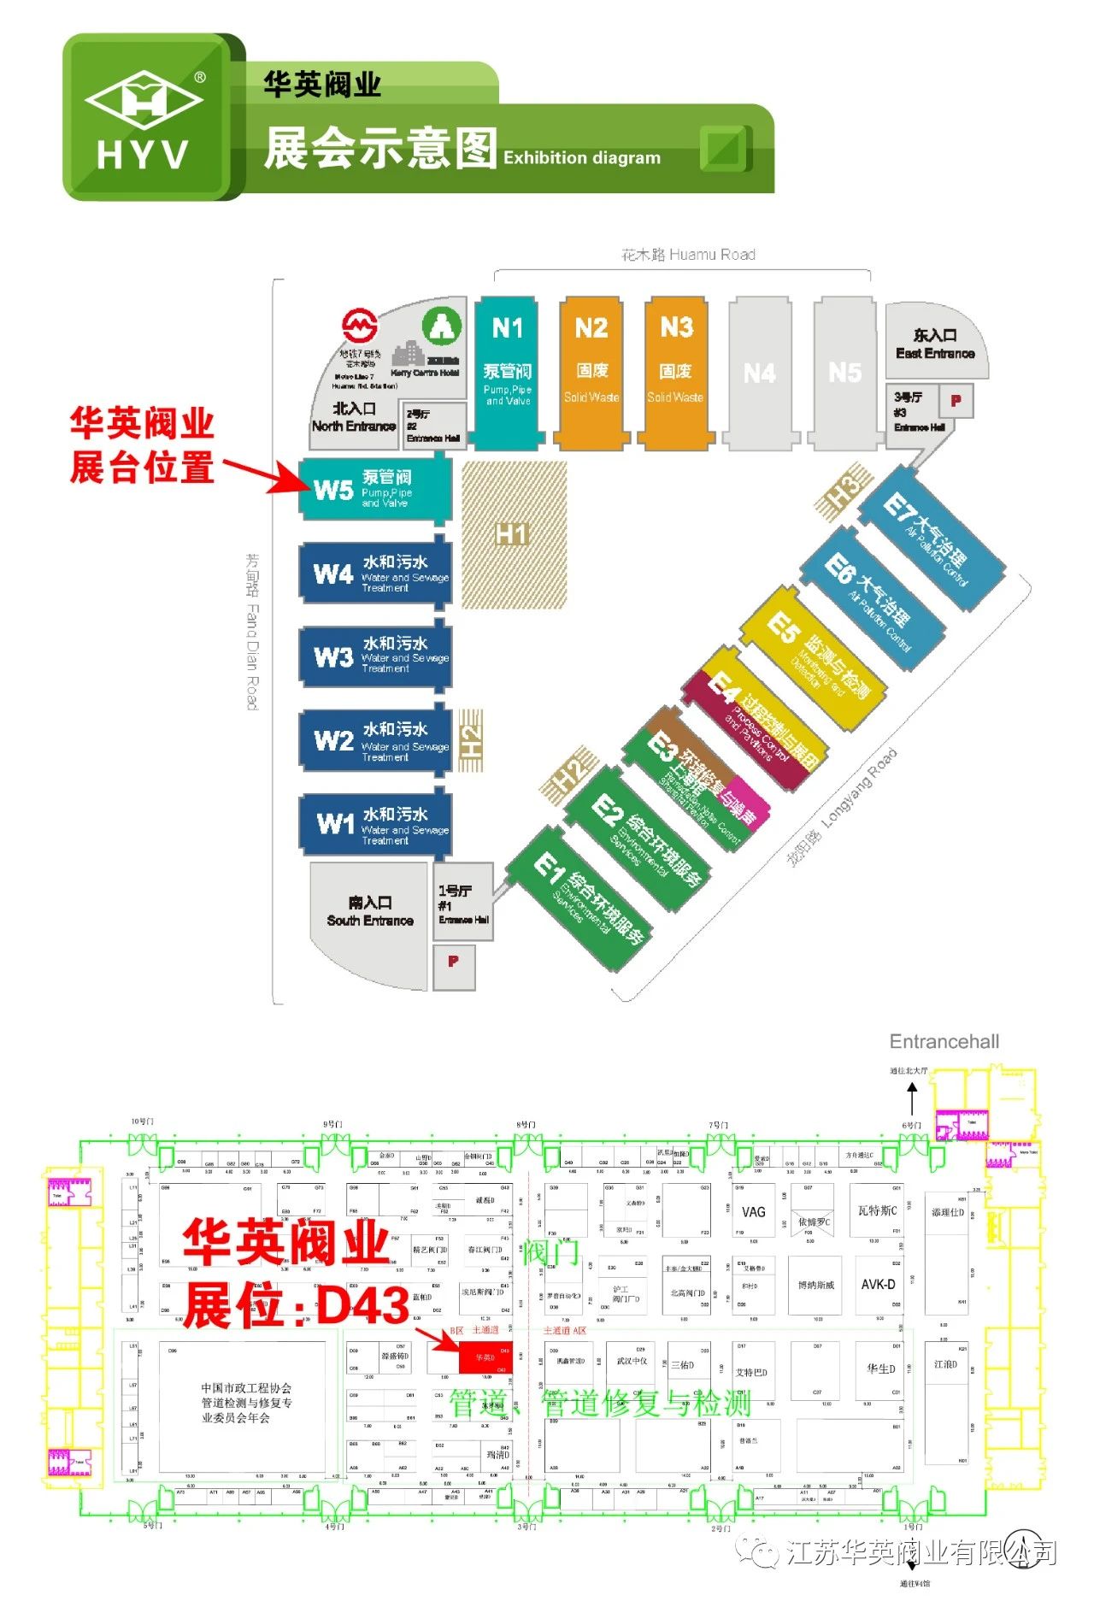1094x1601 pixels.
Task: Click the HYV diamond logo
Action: tap(144, 100)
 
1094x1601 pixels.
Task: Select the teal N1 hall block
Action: tap(508, 372)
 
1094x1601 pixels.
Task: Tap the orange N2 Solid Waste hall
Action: tap(591, 372)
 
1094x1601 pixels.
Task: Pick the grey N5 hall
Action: tap(844, 373)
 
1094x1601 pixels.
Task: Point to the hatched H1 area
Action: tap(514, 534)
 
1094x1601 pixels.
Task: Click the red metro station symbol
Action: tap(360, 326)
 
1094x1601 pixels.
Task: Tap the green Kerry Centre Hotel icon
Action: tap(442, 326)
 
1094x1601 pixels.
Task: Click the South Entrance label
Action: tap(369, 912)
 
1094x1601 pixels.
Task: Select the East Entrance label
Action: tap(935, 344)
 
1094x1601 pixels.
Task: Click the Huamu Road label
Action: tap(688, 255)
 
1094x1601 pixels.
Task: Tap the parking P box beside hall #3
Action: tap(956, 400)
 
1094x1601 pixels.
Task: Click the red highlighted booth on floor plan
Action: tap(485, 1357)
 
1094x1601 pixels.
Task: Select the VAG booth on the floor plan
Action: tap(753, 1212)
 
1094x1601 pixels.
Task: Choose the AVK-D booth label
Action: tap(878, 1285)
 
